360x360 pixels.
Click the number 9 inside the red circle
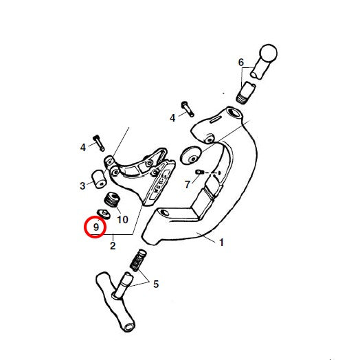click(x=96, y=227)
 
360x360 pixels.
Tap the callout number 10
click(x=122, y=219)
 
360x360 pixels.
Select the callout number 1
click(x=221, y=243)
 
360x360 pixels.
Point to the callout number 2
click(x=113, y=246)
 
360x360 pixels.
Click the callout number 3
click(x=82, y=185)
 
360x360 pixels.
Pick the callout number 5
click(x=156, y=284)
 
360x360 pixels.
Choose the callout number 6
click(x=241, y=63)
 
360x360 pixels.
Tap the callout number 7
click(x=188, y=184)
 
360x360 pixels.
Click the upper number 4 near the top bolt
click(x=172, y=118)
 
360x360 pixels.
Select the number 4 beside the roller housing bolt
click(x=83, y=147)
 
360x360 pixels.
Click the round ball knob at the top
click(x=269, y=54)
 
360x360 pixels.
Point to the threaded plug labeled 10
click(x=112, y=199)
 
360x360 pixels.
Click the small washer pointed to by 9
click(x=104, y=214)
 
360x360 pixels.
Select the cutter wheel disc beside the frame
click(x=191, y=155)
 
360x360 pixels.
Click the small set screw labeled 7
click(x=199, y=172)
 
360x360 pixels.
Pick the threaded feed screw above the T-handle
click(x=138, y=260)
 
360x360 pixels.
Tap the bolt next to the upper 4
click(x=188, y=109)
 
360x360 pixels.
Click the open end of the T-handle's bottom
click(x=129, y=327)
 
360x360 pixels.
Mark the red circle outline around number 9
click(x=95, y=216)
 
